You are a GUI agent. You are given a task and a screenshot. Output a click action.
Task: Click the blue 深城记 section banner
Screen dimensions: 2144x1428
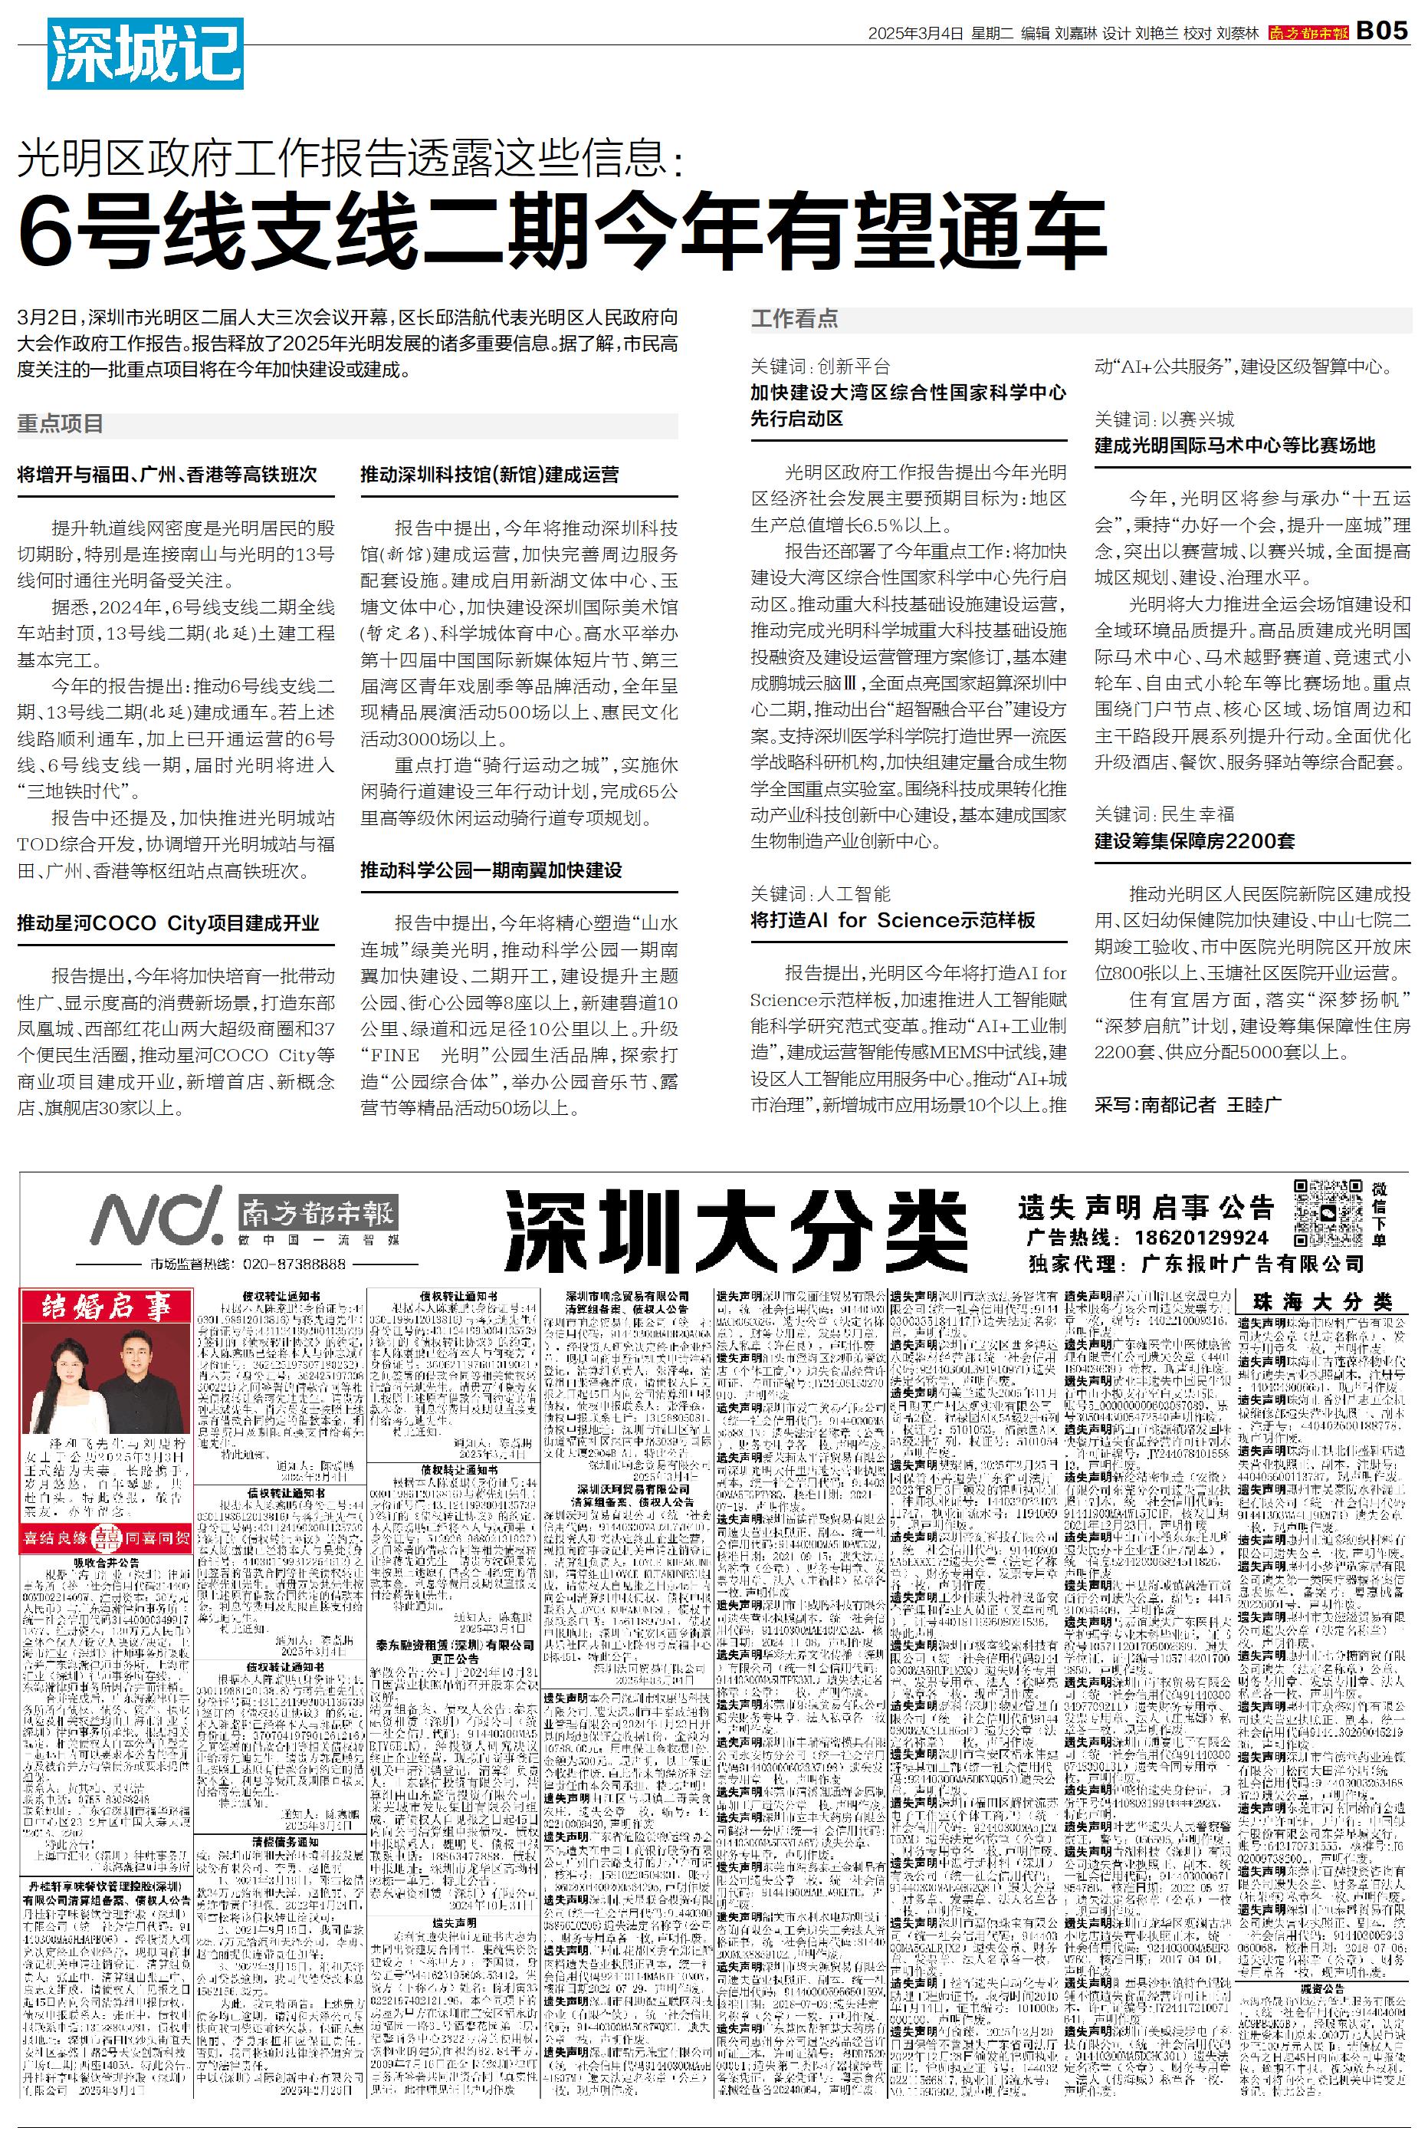tap(145, 54)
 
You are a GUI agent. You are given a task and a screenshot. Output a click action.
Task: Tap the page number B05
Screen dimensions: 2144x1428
tap(1381, 31)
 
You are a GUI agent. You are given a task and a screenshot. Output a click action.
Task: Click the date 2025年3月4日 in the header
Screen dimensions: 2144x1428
tap(914, 33)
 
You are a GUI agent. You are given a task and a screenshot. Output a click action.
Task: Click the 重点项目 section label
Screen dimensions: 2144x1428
tap(60, 424)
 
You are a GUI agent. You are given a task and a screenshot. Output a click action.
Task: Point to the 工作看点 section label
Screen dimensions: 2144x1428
tap(793, 319)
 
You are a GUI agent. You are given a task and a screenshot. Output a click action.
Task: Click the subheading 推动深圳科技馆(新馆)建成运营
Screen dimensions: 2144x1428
tap(489, 475)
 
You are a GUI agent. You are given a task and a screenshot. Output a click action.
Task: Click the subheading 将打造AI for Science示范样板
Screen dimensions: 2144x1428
tap(892, 920)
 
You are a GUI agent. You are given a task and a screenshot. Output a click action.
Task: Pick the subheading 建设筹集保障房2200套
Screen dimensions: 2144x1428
tap(1194, 840)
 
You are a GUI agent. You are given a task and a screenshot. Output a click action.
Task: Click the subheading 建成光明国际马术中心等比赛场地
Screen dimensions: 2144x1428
tap(1234, 446)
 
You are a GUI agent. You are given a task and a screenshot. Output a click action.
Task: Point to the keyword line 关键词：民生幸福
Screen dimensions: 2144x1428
tap(1164, 814)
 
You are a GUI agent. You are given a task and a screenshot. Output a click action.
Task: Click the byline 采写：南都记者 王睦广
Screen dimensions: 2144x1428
tap(1187, 1105)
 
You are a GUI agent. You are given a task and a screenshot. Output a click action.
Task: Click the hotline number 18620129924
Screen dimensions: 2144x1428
tap(1201, 1238)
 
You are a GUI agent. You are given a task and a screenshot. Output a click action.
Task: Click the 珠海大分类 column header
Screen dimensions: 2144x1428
tap(1322, 1301)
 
